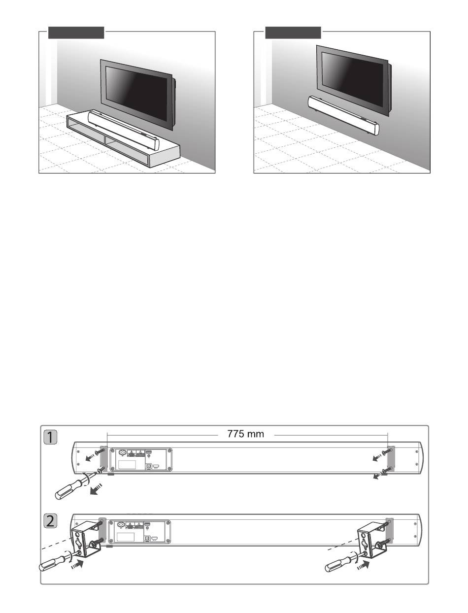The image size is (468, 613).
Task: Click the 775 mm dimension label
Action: click(246, 434)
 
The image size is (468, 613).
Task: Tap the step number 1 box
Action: click(51, 437)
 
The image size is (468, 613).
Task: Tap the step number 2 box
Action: click(51, 521)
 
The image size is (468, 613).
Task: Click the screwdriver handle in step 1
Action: click(67, 488)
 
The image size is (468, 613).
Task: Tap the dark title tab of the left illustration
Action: click(76, 33)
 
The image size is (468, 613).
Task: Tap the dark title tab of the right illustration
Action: click(293, 33)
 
